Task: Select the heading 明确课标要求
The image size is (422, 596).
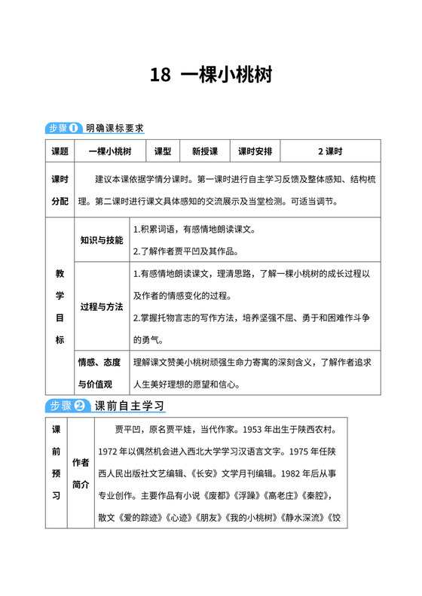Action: coord(114,128)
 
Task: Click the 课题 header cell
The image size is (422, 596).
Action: coord(60,151)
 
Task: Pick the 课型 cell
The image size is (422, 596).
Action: coord(163,151)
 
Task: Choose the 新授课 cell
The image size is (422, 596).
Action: coord(205,151)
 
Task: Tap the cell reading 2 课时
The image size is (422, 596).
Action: coord(329,151)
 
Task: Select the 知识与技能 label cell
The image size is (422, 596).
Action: coord(102,240)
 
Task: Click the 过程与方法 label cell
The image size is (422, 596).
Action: coord(102,307)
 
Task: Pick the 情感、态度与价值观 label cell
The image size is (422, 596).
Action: coord(102,372)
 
